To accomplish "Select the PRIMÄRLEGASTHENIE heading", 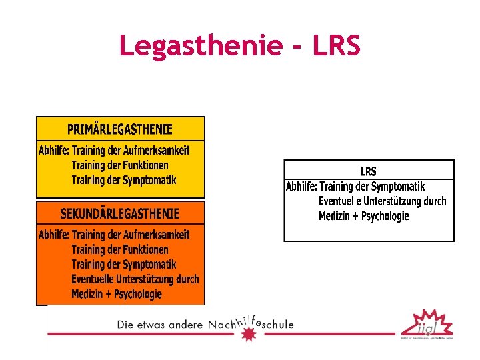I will [x=120, y=129].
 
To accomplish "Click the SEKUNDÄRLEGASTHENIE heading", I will [x=120, y=214].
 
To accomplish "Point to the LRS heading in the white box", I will [x=368, y=171].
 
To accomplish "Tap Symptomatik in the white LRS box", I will [x=397, y=187].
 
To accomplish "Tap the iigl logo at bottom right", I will [x=427, y=324].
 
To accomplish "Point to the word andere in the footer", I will [x=184, y=325].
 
